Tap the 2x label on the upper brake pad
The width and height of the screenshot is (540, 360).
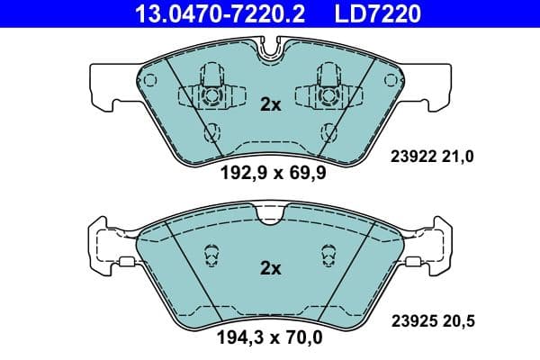click(270, 104)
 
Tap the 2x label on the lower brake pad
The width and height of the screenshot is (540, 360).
click(270, 267)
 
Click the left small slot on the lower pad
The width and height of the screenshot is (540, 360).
click(212, 256)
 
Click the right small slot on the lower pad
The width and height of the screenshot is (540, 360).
click(327, 256)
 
